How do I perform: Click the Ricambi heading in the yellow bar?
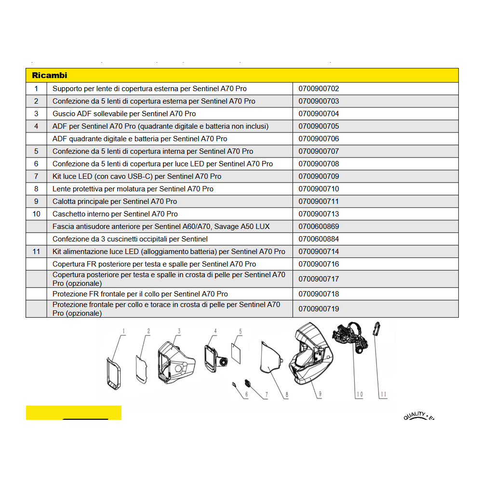point(50,75)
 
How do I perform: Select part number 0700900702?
point(319,89)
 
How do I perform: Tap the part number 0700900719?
point(319,308)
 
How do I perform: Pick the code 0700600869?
point(319,227)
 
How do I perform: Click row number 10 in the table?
point(36,214)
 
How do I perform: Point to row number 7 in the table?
point(36,176)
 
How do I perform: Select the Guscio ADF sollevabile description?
point(124,114)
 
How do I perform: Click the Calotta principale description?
point(115,201)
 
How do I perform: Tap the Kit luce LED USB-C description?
point(137,176)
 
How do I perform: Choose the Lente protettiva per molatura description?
point(133,189)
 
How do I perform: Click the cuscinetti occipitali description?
point(130,239)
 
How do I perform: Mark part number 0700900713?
point(319,214)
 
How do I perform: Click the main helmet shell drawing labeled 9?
point(311,353)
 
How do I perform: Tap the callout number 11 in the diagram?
point(383,394)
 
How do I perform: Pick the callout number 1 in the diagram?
point(123,331)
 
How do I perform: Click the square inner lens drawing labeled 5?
point(236,353)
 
